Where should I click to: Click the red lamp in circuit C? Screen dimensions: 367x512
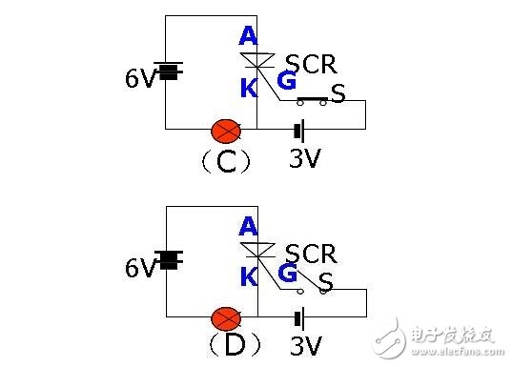coord(226,129)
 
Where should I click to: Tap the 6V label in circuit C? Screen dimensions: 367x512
coord(139,78)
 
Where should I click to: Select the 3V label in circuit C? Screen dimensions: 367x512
coord(305,157)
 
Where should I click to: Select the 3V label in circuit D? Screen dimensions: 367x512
coord(305,346)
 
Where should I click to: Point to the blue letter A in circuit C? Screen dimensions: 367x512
coord(248,36)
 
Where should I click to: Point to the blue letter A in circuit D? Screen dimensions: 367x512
coord(248,226)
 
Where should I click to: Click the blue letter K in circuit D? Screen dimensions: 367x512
coord(248,276)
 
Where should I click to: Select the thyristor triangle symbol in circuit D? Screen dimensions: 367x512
coord(258,251)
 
